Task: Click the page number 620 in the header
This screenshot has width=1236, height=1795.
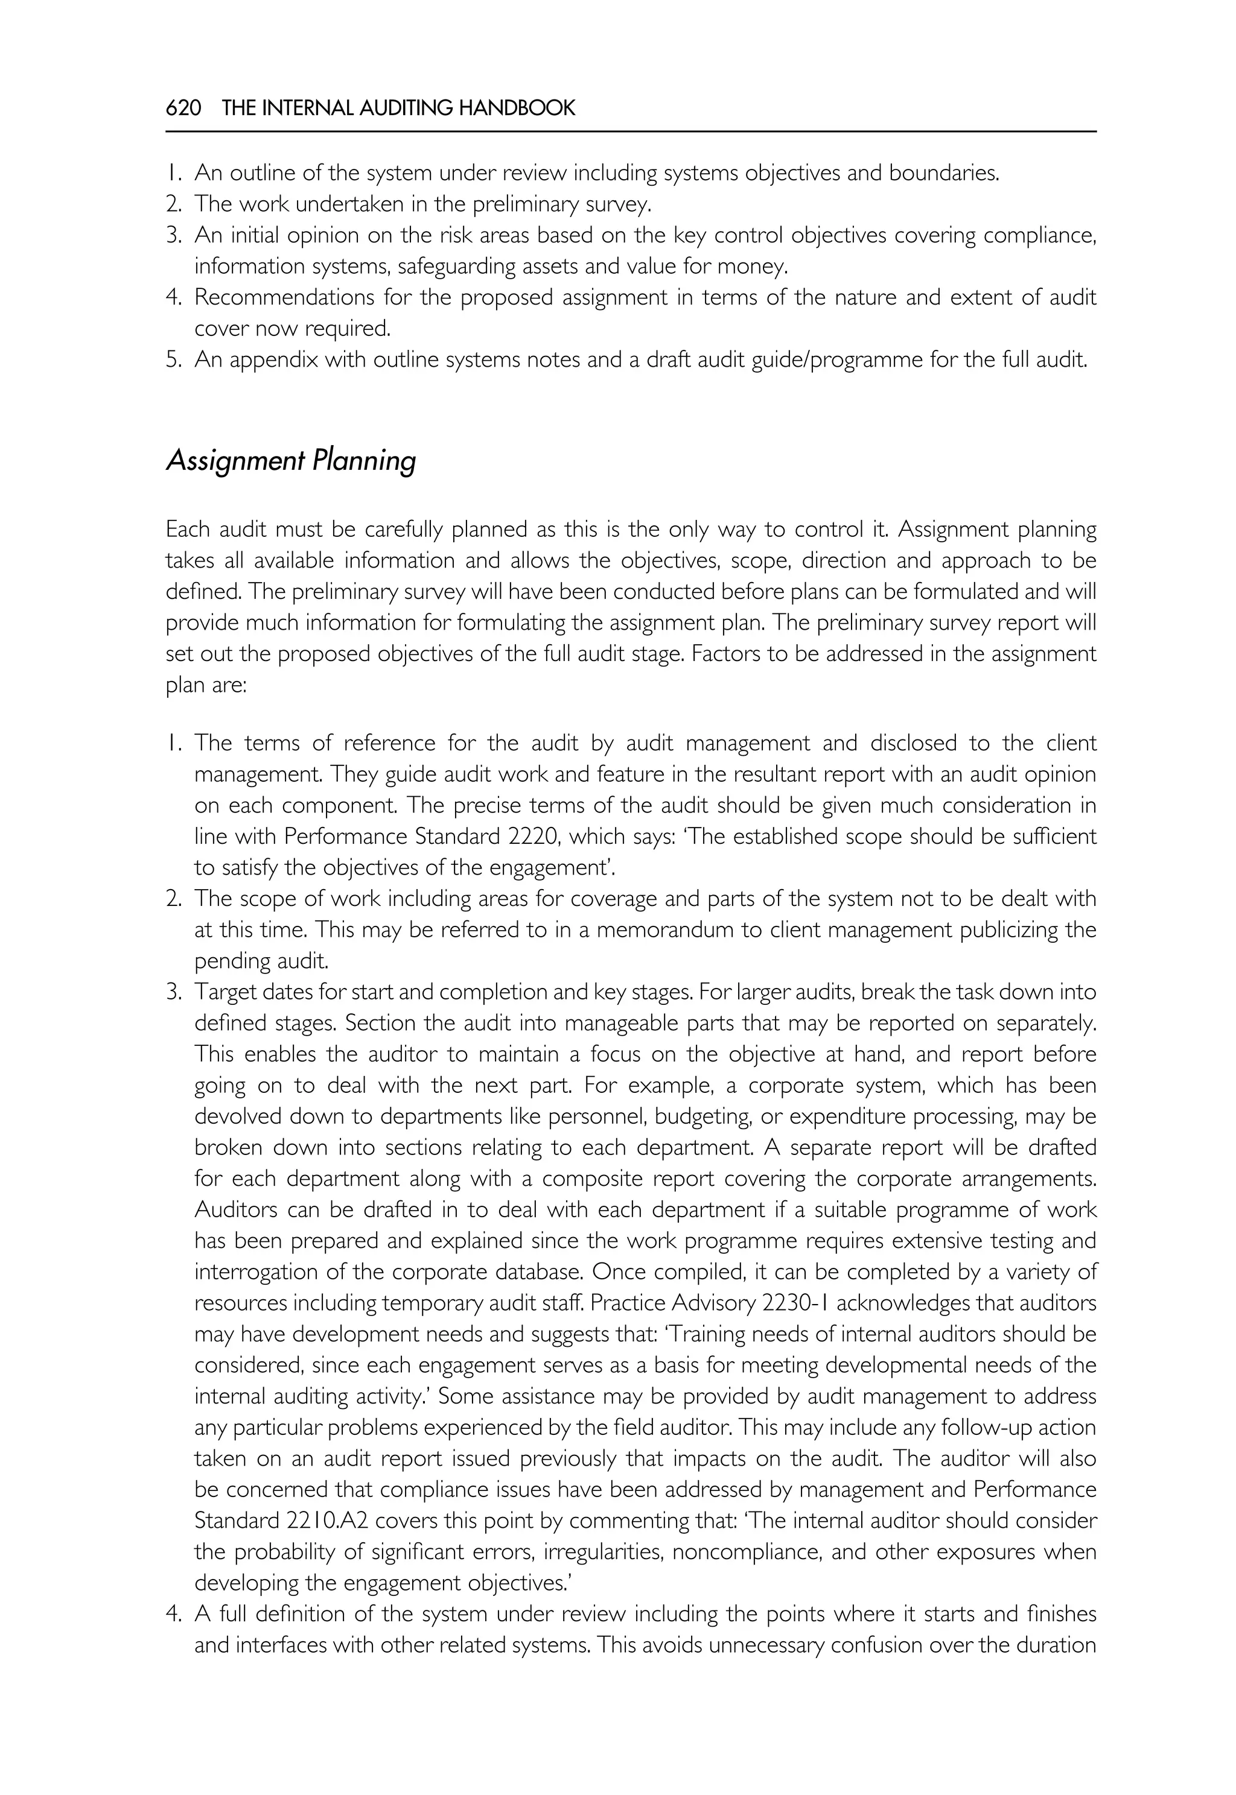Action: coord(183,107)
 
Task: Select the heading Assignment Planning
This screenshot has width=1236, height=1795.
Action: coord(291,461)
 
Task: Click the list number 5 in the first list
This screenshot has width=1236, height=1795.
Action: coord(173,360)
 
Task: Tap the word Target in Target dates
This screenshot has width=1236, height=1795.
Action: coord(225,992)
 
